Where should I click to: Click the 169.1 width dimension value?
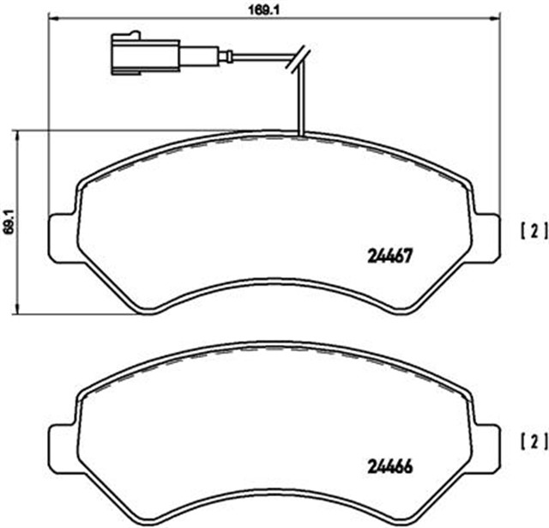point(263,9)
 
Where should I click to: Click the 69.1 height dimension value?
point(9,222)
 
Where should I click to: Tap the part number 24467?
point(390,256)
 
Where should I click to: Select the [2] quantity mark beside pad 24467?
point(534,232)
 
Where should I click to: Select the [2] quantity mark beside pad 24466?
point(534,443)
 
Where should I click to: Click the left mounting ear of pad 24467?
point(63,238)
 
